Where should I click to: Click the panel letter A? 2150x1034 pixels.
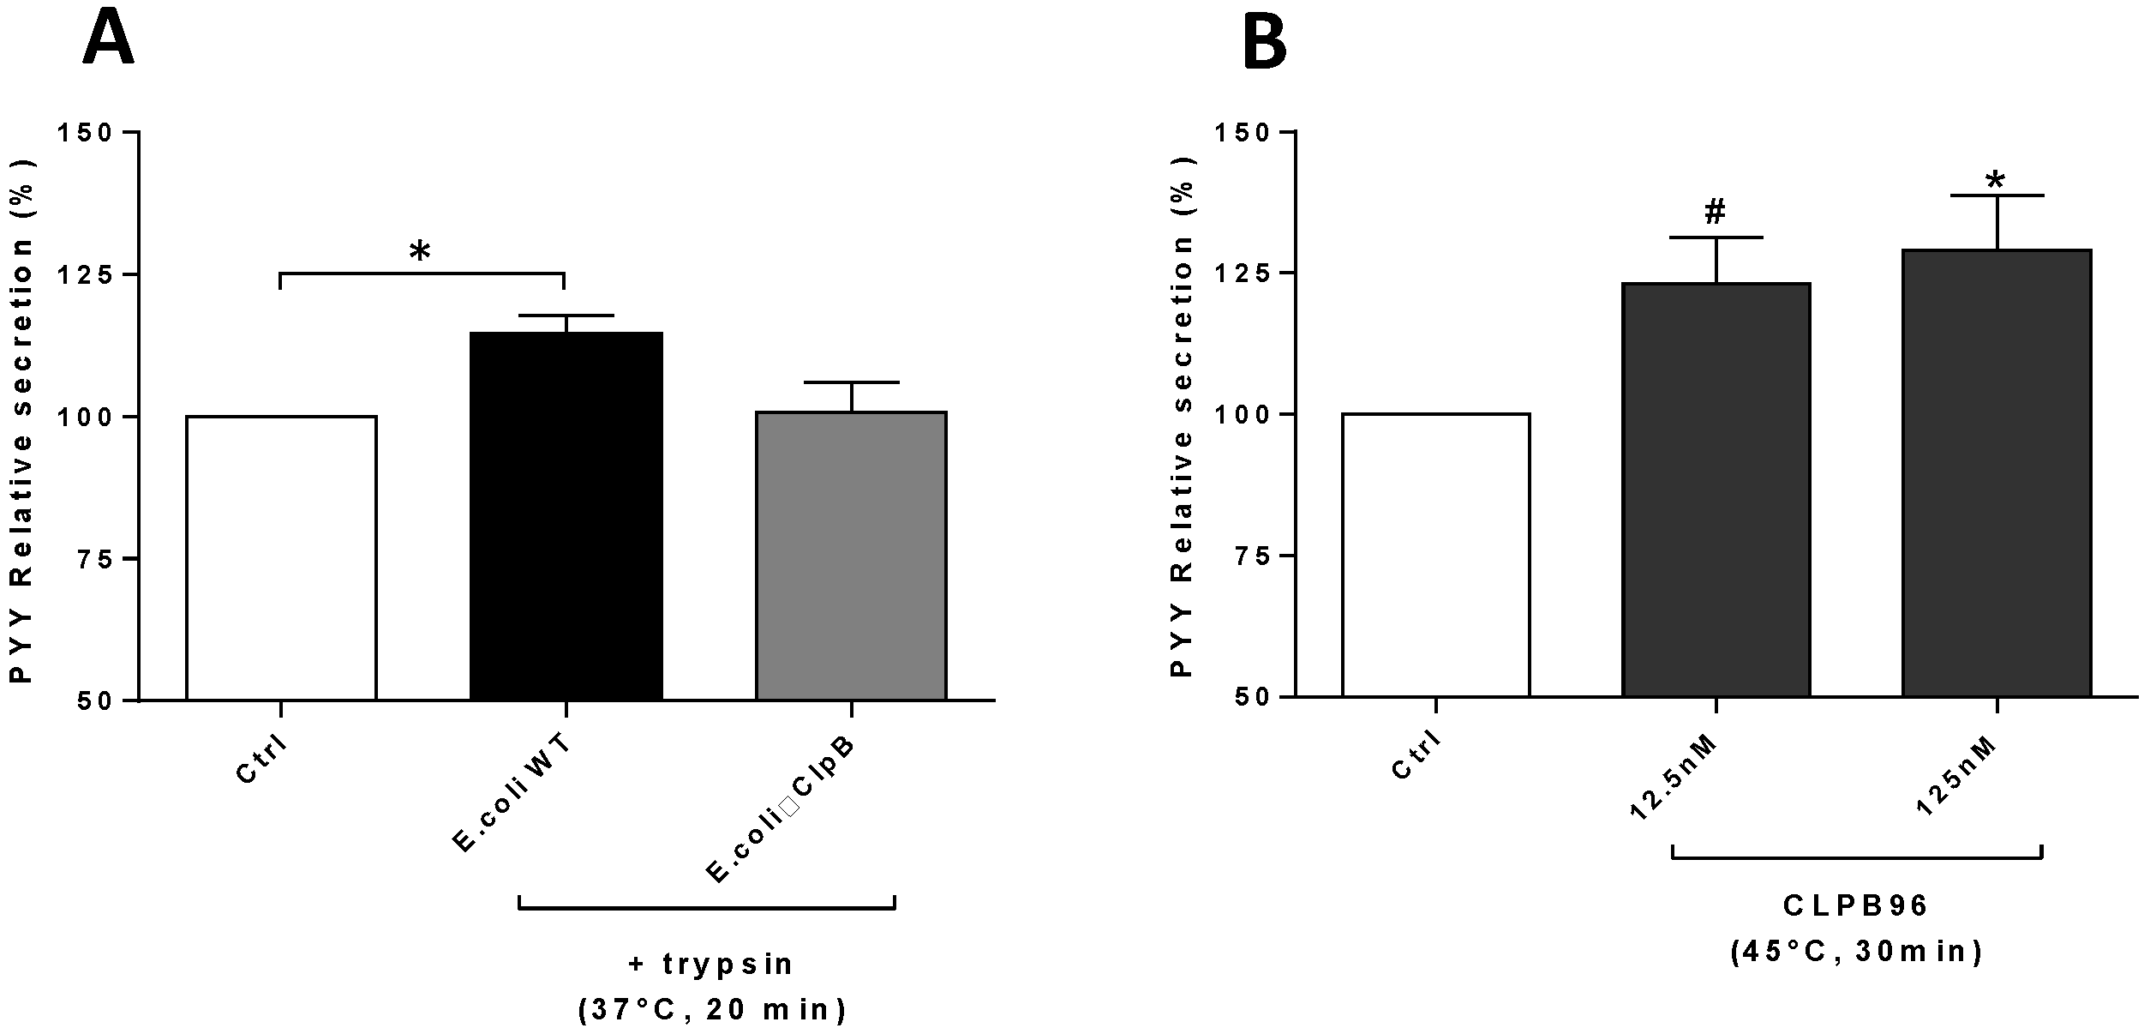pyautogui.click(x=108, y=38)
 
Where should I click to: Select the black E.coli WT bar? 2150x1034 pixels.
pyautogui.click(x=566, y=514)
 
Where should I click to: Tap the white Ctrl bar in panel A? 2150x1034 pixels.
pyautogui.click(x=281, y=557)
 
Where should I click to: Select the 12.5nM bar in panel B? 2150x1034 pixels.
pyautogui.click(x=1716, y=489)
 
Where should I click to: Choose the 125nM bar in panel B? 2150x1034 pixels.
pyautogui.click(x=1997, y=472)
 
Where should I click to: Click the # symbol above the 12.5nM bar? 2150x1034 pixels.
pyautogui.click(x=1715, y=211)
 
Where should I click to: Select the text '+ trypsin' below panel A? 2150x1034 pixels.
pyautogui.click(x=711, y=964)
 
